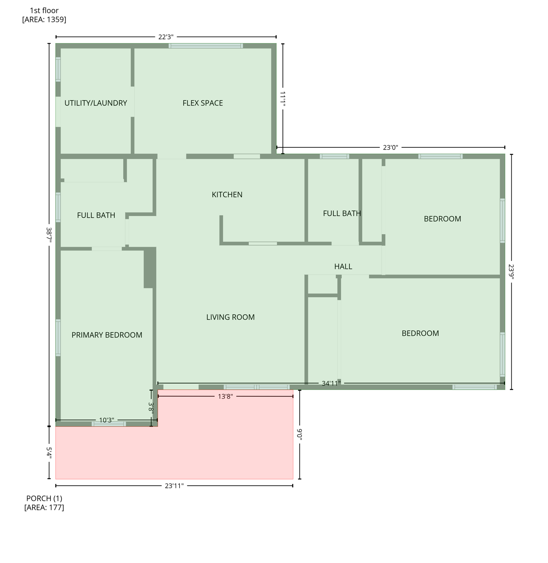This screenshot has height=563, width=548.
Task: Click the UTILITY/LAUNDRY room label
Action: click(x=96, y=103)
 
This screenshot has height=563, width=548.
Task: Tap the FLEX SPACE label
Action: click(x=203, y=103)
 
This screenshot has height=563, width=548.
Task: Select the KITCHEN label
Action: click(x=227, y=195)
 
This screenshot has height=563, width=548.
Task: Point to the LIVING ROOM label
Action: click(x=230, y=317)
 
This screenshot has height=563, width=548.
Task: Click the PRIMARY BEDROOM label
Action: click(x=107, y=335)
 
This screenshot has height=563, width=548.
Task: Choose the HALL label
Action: click(x=343, y=266)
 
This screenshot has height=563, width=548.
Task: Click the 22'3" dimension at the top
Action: click(x=166, y=37)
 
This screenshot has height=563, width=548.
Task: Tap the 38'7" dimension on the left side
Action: click(x=49, y=235)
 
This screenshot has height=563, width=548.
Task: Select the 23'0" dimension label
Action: click(x=390, y=147)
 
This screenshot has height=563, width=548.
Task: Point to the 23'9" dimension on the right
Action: click(x=511, y=272)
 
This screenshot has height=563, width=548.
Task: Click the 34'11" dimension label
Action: click(x=331, y=383)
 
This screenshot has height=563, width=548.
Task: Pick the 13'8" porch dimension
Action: click(x=225, y=396)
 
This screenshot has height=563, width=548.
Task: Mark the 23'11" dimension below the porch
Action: click(x=174, y=486)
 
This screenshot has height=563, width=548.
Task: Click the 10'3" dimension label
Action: click(x=107, y=420)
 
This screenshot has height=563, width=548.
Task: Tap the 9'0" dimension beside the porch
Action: click(x=299, y=434)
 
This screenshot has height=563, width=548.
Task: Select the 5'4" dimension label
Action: click(x=49, y=452)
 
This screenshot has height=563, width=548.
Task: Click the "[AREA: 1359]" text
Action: click(x=44, y=19)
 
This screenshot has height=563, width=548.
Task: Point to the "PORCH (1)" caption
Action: click(x=44, y=498)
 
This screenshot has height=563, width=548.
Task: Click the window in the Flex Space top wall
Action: click(x=205, y=46)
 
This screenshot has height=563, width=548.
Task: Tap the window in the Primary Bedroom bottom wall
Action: click(x=109, y=424)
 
